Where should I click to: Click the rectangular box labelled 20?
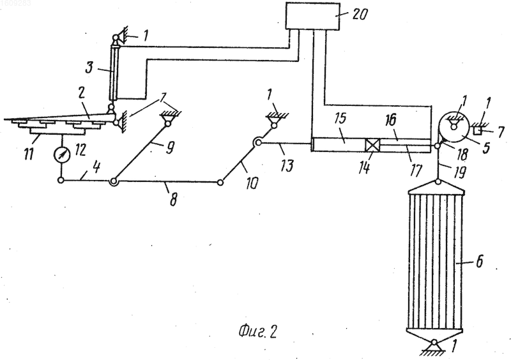click(x=313, y=15)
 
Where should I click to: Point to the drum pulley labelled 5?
click(x=454, y=127)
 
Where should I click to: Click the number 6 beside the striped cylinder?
click(x=479, y=262)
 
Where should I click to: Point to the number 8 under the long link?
click(x=173, y=199)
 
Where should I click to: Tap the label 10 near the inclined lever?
click(x=252, y=183)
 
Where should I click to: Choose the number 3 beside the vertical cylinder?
click(x=89, y=68)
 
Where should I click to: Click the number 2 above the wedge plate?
click(x=81, y=93)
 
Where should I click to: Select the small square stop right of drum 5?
click(x=478, y=130)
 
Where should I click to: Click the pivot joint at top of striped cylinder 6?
click(x=438, y=181)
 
